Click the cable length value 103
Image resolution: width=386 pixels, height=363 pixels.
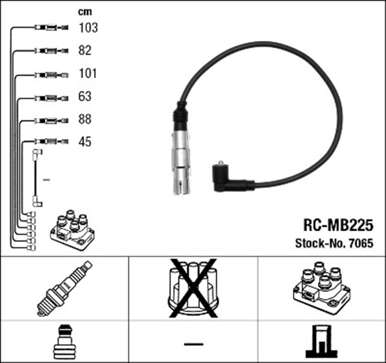tap(88, 28)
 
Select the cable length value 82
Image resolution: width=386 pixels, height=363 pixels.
tap(86, 51)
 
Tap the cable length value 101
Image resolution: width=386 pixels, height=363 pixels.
tap(88, 73)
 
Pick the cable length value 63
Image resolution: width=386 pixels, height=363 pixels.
tap(86, 96)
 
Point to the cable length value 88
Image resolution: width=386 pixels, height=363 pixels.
tap(86, 119)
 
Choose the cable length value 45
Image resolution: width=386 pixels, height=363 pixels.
tap(86, 142)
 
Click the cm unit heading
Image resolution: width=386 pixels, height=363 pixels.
tap(84, 11)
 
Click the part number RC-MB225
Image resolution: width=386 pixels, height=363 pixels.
tap(338, 225)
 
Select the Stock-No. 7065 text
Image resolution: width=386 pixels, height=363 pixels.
tap(334, 244)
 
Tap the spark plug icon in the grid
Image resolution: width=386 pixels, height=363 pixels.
tap(64, 289)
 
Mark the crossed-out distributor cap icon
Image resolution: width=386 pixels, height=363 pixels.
tap(192, 288)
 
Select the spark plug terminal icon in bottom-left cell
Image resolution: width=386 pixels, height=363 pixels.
tap(64, 342)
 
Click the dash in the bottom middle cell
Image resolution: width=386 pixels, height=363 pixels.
tap(193, 343)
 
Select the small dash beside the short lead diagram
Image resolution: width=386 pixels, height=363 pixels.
tap(46, 179)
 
